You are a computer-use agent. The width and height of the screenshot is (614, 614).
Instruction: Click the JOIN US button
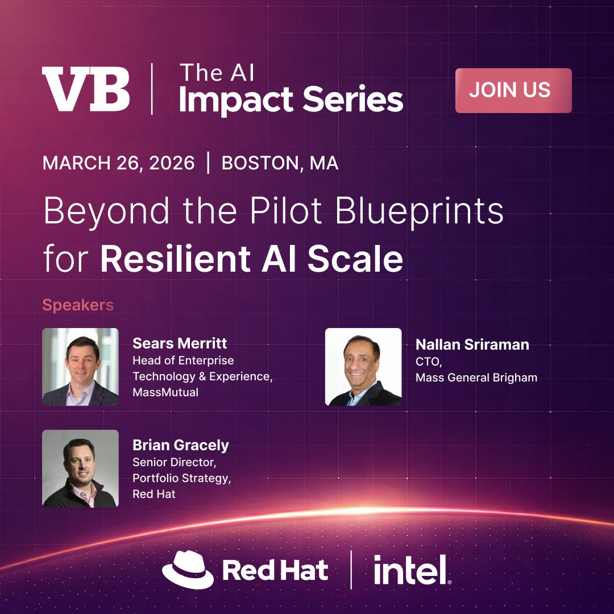pyautogui.click(x=513, y=90)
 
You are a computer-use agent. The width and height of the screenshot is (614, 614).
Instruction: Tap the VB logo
pyautogui.click(x=86, y=90)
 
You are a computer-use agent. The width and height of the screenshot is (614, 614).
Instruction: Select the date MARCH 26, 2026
pyautogui.click(x=118, y=164)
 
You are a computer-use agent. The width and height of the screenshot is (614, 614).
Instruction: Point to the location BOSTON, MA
pyautogui.click(x=280, y=164)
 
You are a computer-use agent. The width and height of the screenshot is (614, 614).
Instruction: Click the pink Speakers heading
pyautogui.click(x=78, y=305)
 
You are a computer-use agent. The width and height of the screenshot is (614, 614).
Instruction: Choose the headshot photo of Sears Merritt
pyautogui.click(x=80, y=367)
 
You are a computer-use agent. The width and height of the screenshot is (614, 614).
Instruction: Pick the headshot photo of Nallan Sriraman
pyautogui.click(x=363, y=367)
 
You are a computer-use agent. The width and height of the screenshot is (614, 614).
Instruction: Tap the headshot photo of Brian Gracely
pyautogui.click(x=80, y=468)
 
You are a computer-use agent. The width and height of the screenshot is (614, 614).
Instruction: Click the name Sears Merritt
pyautogui.click(x=180, y=343)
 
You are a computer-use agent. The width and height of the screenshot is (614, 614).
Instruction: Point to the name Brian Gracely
pyautogui.click(x=181, y=445)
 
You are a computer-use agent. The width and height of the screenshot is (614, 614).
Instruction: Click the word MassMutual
pyautogui.click(x=165, y=392)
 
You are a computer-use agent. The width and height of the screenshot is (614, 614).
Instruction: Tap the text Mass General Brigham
pyautogui.click(x=476, y=377)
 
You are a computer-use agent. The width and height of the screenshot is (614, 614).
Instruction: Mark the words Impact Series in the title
pyautogui.click(x=291, y=100)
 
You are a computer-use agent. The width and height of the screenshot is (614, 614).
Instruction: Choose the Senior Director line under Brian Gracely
pyautogui.click(x=175, y=463)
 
